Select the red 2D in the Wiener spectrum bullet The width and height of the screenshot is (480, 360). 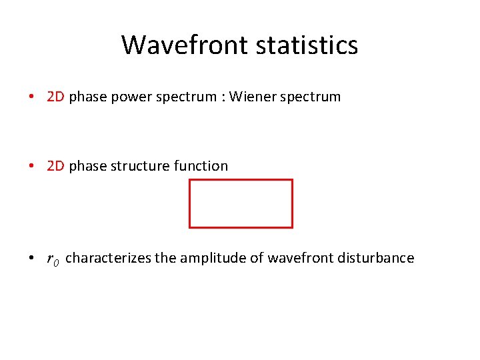55,97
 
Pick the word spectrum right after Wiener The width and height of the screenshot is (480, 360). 310,97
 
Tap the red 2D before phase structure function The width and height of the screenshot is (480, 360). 55,166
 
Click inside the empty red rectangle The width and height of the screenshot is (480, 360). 241,203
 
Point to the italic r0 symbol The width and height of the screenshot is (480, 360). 53,259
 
